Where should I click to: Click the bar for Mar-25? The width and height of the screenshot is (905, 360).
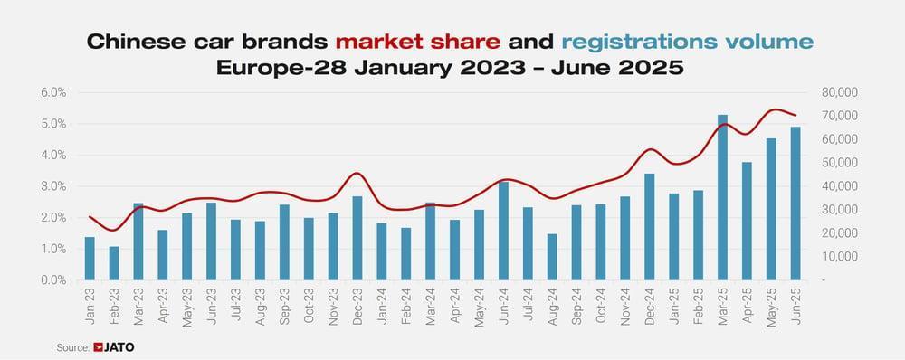click(723, 197)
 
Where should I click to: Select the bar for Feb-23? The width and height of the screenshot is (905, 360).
click(114, 263)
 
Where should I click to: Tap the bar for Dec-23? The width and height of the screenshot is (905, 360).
click(332, 238)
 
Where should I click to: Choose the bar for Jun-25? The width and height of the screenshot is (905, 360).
click(795, 204)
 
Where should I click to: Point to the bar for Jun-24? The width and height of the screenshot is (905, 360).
click(503, 231)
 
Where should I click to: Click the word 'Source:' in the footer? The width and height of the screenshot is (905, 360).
click(72, 346)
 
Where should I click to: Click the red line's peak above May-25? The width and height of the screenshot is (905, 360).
click(774, 109)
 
